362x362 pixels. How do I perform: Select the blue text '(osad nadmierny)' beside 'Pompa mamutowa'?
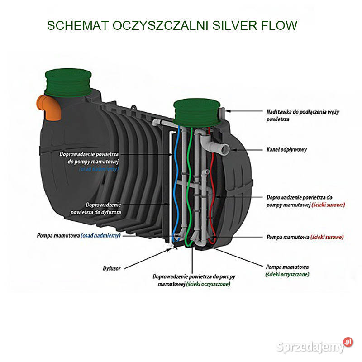pos(100,236)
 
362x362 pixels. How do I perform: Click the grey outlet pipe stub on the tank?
pos(224,149)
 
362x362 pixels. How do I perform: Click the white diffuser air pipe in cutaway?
pos(170,190)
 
